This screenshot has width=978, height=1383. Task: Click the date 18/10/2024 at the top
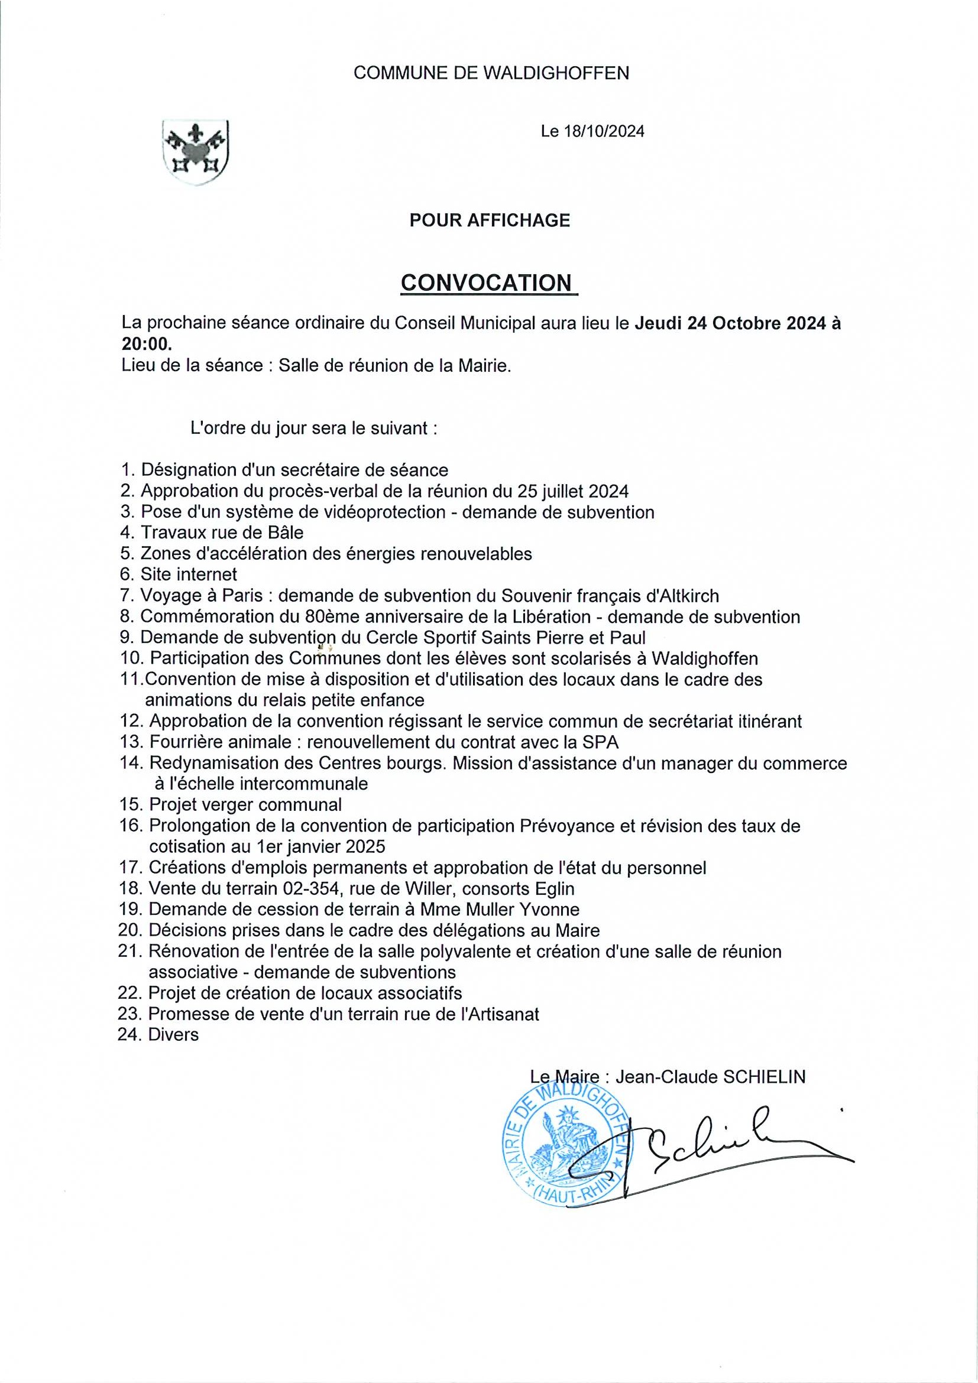(x=604, y=131)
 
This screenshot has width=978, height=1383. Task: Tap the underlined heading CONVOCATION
(x=486, y=283)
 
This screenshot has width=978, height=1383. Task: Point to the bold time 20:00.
(x=146, y=344)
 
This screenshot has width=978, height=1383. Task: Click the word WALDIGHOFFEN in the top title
(x=557, y=73)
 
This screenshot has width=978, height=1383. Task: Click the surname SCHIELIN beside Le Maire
(x=764, y=1076)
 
